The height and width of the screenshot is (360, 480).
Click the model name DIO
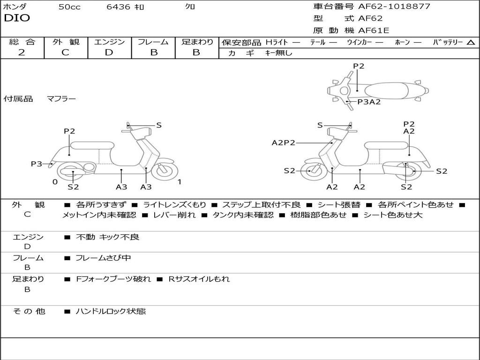[17, 18]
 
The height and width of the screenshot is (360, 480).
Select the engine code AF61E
[374, 30]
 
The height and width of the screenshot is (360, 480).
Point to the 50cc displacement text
[69, 7]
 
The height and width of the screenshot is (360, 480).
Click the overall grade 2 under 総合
[22, 52]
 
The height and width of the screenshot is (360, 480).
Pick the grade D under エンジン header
[109, 52]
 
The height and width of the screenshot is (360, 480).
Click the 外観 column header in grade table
[66, 42]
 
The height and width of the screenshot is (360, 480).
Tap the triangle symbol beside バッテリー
[471, 43]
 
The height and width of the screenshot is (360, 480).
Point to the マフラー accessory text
[61, 98]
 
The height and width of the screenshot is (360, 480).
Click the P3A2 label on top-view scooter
[369, 102]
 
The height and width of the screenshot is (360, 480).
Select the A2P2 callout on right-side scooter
[283, 142]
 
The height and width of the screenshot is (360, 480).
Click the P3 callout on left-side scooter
[37, 164]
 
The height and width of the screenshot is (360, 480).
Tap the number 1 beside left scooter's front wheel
[179, 182]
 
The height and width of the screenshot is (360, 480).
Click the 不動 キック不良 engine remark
[107, 237]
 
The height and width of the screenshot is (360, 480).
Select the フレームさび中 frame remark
[103, 258]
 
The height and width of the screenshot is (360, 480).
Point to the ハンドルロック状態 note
[111, 311]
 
